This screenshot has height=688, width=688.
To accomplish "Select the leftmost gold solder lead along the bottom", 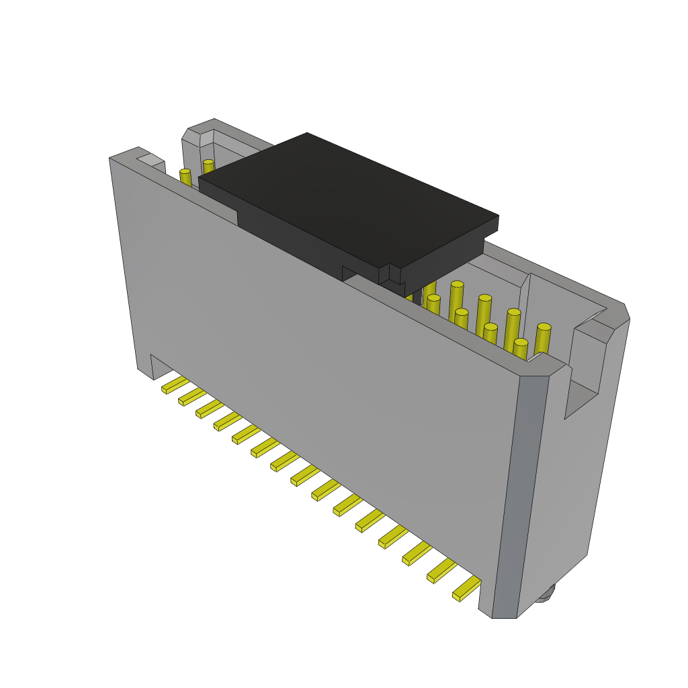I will point(175,385).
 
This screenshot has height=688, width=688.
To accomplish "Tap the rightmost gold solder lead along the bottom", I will point(467,589).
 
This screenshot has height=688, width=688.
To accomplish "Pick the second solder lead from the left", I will point(192,397).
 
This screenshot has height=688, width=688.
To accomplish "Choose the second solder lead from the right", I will point(441,570).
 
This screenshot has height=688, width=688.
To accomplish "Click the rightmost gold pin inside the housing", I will point(543,338).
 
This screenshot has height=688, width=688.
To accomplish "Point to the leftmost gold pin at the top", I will point(185,177).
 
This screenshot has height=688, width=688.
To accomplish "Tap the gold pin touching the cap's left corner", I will point(208,166).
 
